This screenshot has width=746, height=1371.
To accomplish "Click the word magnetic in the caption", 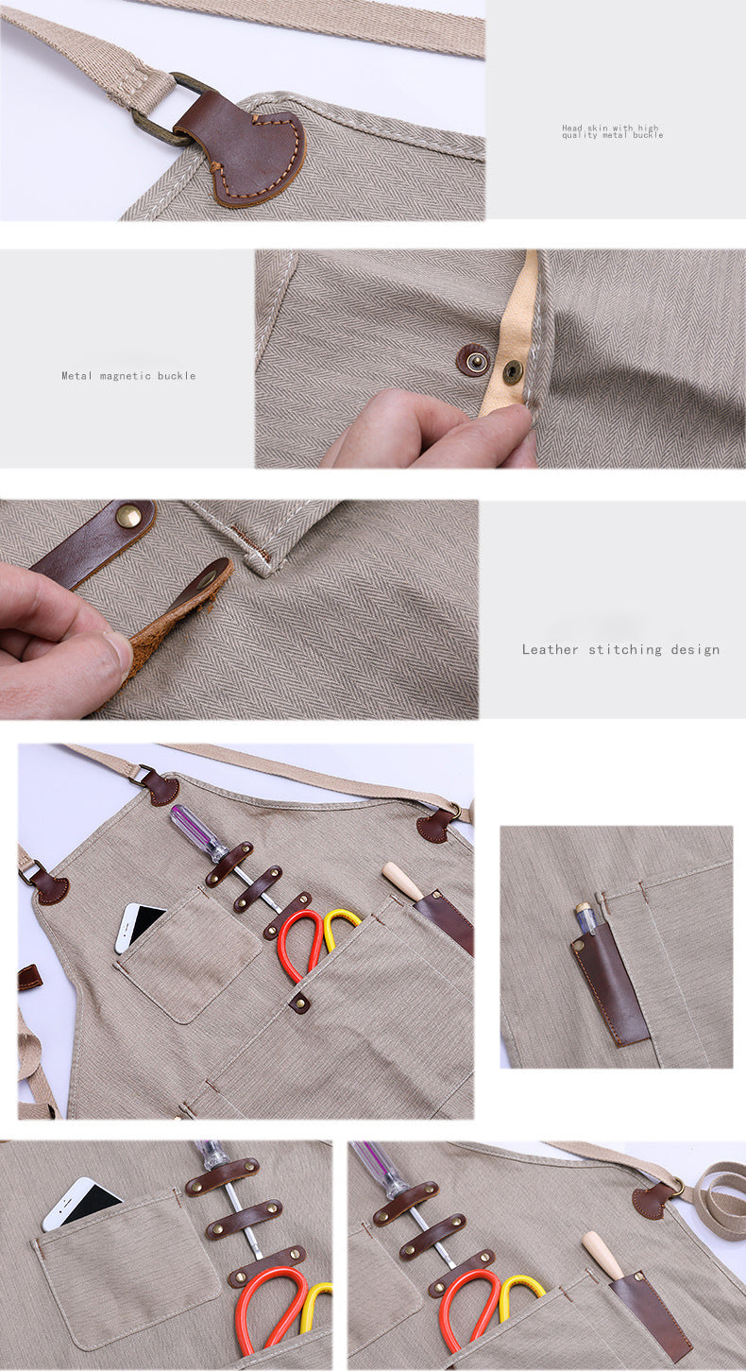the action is (x=126, y=376).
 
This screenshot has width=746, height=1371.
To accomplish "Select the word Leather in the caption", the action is (x=550, y=649).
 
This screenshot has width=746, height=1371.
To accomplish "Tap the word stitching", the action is (x=625, y=650).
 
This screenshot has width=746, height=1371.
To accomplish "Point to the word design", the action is (x=695, y=650).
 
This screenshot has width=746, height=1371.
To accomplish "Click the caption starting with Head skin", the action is (x=612, y=131).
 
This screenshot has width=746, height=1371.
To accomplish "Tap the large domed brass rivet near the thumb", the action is (x=128, y=516).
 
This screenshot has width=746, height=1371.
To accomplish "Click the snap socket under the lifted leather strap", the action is (x=209, y=577).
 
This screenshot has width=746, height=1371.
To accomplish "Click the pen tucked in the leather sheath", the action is (x=585, y=918).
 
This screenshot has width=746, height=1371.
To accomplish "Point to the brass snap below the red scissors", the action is (x=299, y=1002).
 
